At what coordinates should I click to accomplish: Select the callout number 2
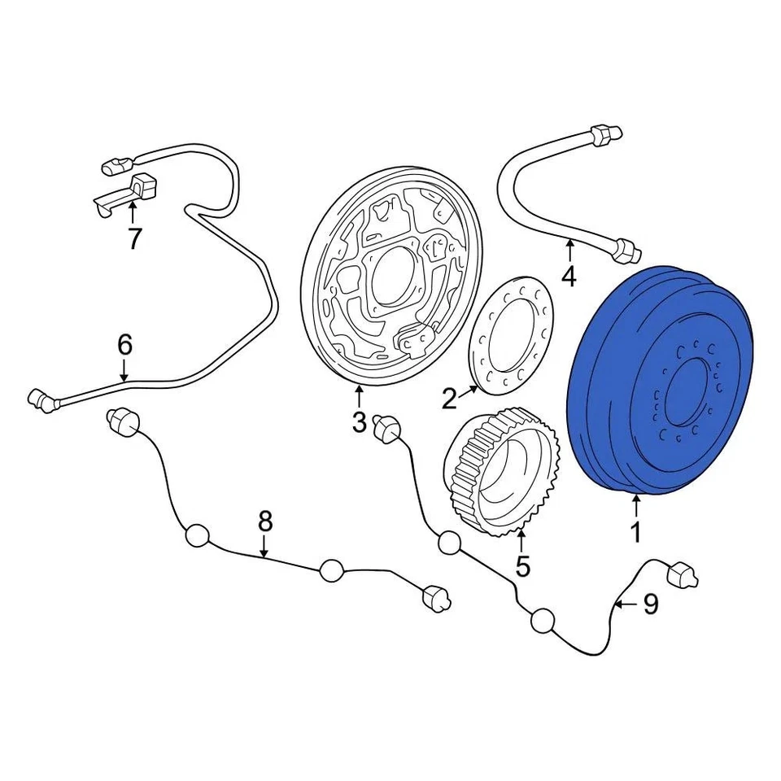[449, 399]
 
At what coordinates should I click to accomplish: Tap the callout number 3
[359, 423]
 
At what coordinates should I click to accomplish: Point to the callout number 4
[569, 277]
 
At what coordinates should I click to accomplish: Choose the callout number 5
[521, 565]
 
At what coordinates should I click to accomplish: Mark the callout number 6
[124, 345]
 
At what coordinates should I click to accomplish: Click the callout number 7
[134, 238]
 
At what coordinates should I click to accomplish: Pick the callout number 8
[264, 521]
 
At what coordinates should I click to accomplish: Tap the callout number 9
[650, 604]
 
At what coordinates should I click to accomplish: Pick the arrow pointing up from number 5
[521, 539]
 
